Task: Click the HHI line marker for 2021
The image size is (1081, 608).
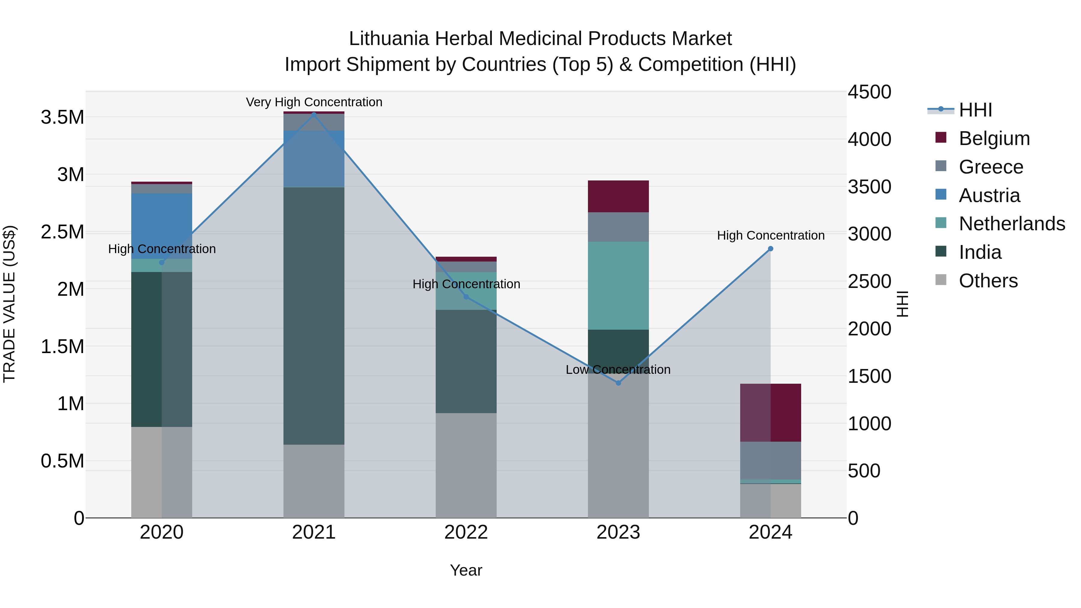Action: click(314, 115)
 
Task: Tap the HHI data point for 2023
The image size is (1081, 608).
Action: click(618, 383)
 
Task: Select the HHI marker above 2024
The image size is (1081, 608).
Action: click(771, 249)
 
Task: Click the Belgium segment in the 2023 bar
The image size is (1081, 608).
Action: click(618, 196)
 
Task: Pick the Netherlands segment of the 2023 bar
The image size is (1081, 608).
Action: click(618, 285)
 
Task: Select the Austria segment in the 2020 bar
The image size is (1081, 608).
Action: click(162, 226)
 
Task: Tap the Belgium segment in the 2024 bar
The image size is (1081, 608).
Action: click(771, 413)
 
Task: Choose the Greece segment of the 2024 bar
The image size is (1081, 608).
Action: click(771, 460)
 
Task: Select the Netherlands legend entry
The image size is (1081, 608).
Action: click(1012, 224)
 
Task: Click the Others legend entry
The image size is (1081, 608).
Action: click(988, 281)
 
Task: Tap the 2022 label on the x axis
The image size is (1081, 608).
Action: click(466, 532)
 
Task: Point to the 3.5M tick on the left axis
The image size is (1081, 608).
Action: click(62, 117)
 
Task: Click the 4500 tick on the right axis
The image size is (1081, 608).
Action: click(869, 92)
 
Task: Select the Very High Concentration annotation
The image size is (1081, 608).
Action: click(314, 102)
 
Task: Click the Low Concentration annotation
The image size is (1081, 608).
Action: click(618, 370)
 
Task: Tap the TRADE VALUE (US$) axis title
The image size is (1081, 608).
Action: click(9, 304)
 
